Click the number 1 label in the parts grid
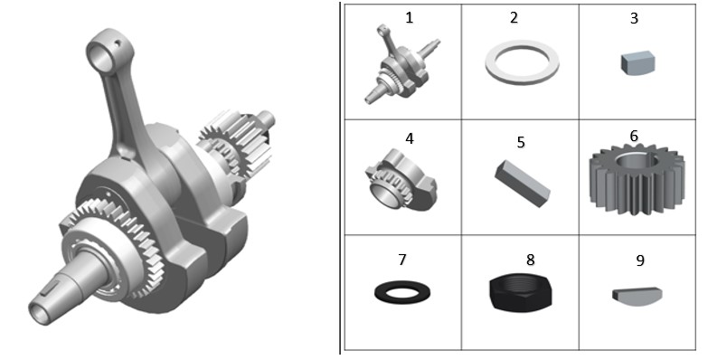pyautogui.click(x=409, y=18)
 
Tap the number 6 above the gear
pyautogui.click(x=634, y=136)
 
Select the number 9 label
pyautogui.click(x=640, y=261)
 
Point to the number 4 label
pyautogui.click(x=410, y=138)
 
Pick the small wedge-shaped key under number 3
pyautogui.click(x=638, y=63)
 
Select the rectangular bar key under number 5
pyautogui.click(x=523, y=184)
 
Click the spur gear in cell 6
pyautogui.click(x=637, y=180)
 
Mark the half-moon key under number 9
pyautogui.click(x=637, y=297)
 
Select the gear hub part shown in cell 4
pyautogui.click(x=401, y=179)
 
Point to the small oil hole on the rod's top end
pyautogui.click(x=118, y=44)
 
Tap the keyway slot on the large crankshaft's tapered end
pyautogui.click(x=51, y=289)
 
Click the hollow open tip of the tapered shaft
pyautogui.click(x=39, y=313)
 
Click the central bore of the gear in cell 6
pyautogui.click(x=637, y=160)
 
